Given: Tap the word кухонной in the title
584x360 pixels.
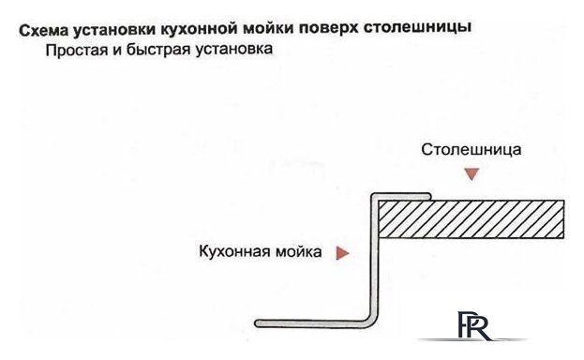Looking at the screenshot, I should click(197, 29).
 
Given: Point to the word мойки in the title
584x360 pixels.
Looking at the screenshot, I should click(270, 29).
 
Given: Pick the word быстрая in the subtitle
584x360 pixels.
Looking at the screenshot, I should click(157, 50).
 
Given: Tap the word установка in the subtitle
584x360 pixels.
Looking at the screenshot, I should click(232, 50).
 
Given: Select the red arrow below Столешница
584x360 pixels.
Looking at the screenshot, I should click(472, 173).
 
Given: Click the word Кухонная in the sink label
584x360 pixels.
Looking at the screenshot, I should click(233, 252).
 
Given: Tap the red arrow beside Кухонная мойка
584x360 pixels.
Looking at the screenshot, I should click(344, 252).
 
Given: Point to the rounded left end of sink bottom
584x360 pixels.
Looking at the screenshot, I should click(260, 323).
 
